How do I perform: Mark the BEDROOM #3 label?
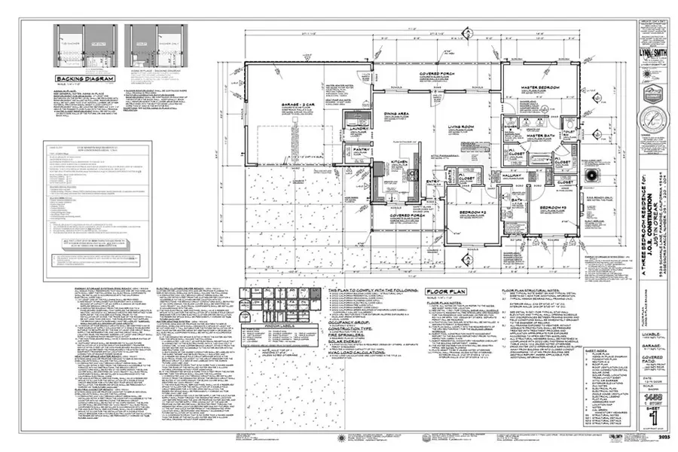557,206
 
